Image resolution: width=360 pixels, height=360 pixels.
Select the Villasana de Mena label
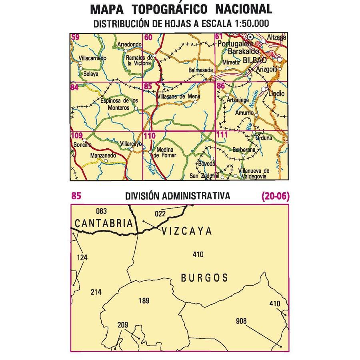pos(178,96)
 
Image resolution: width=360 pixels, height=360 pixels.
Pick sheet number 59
pos(76,38)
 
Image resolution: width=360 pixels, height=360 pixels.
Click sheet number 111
pos(222,135)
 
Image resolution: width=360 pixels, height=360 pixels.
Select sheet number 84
pos(75,87)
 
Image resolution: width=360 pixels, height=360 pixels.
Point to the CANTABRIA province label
pos(103,224)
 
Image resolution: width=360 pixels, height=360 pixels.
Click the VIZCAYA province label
pos(186,231)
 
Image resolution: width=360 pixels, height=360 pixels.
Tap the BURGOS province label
pos(204,278)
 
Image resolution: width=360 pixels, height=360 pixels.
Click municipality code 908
pos(241,321)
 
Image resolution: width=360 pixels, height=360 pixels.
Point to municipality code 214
pos(96,292)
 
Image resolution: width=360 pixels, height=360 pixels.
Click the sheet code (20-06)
pos(275,196)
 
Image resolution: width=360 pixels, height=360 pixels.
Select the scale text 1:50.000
pos(246,24)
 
